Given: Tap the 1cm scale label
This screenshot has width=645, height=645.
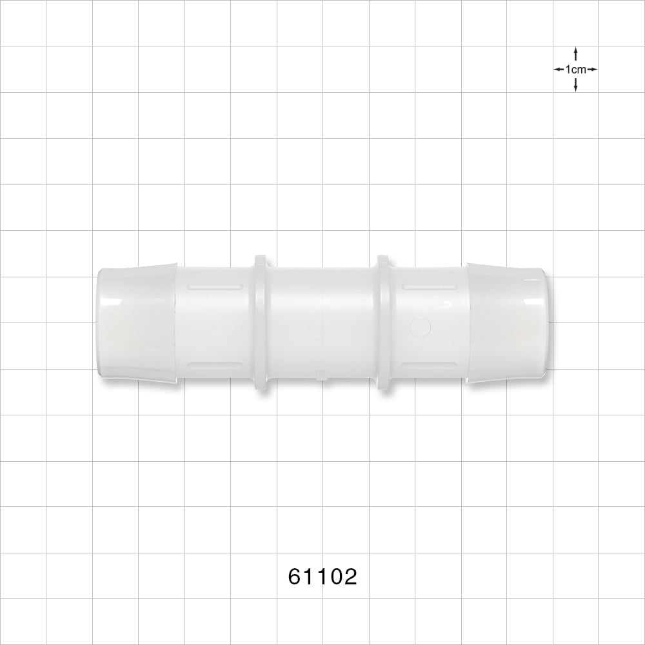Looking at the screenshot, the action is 575,70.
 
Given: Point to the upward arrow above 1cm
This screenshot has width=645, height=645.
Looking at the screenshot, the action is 575,54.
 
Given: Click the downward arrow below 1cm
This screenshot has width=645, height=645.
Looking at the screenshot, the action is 575,84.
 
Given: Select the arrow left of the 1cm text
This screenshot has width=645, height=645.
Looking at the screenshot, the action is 559,70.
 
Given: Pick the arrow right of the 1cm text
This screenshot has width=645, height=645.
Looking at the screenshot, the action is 592,70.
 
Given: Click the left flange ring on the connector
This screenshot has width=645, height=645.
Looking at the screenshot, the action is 261,322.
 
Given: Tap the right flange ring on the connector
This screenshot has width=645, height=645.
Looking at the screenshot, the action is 384,322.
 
